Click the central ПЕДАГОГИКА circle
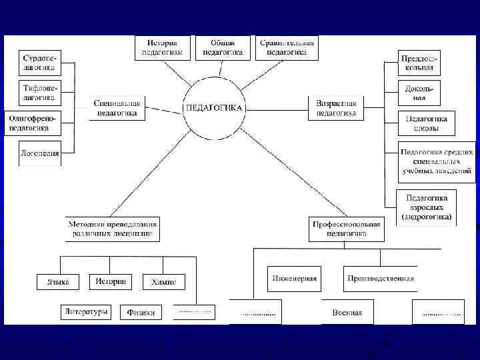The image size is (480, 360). coord(214,108)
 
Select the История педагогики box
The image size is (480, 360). coord(162,47)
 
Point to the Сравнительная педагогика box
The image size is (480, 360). coord(287,47)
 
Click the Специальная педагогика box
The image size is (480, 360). coord(117,108)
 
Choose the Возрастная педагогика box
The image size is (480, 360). coord(336,108)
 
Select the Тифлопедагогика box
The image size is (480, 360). coord(39,93)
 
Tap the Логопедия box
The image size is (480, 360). coord(39,153)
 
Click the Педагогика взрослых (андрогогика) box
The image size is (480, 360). coord(427,207)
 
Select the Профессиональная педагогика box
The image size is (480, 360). coord(347,229)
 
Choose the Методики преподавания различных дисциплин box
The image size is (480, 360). coord(112,229)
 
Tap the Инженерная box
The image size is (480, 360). coord(294,279)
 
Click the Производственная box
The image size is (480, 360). coord(381,279)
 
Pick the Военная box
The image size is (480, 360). coord(347,312)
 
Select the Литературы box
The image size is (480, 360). coord(86,311)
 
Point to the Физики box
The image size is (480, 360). coord(141,312)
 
